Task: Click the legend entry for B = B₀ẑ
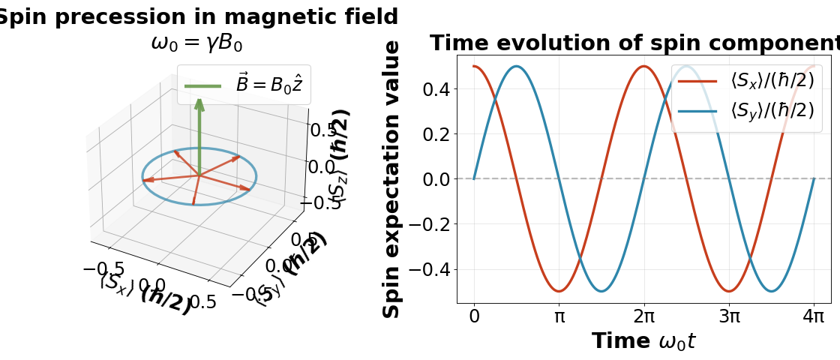[x=244, y=85]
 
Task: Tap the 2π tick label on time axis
[x=643, y=316]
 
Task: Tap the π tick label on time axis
[x=559, y=316]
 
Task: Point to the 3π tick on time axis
[x=729, y=316]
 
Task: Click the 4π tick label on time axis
[x=814, y=316]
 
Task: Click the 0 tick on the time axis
[x=474, y=316]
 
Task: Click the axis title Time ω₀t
[x=643, y=341]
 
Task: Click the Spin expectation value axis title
[x=392, y=180]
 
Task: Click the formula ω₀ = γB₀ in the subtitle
[x=196, y=43]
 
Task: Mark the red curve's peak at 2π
[x=643, y=67]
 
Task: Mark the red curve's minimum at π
[x=559, y=291]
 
